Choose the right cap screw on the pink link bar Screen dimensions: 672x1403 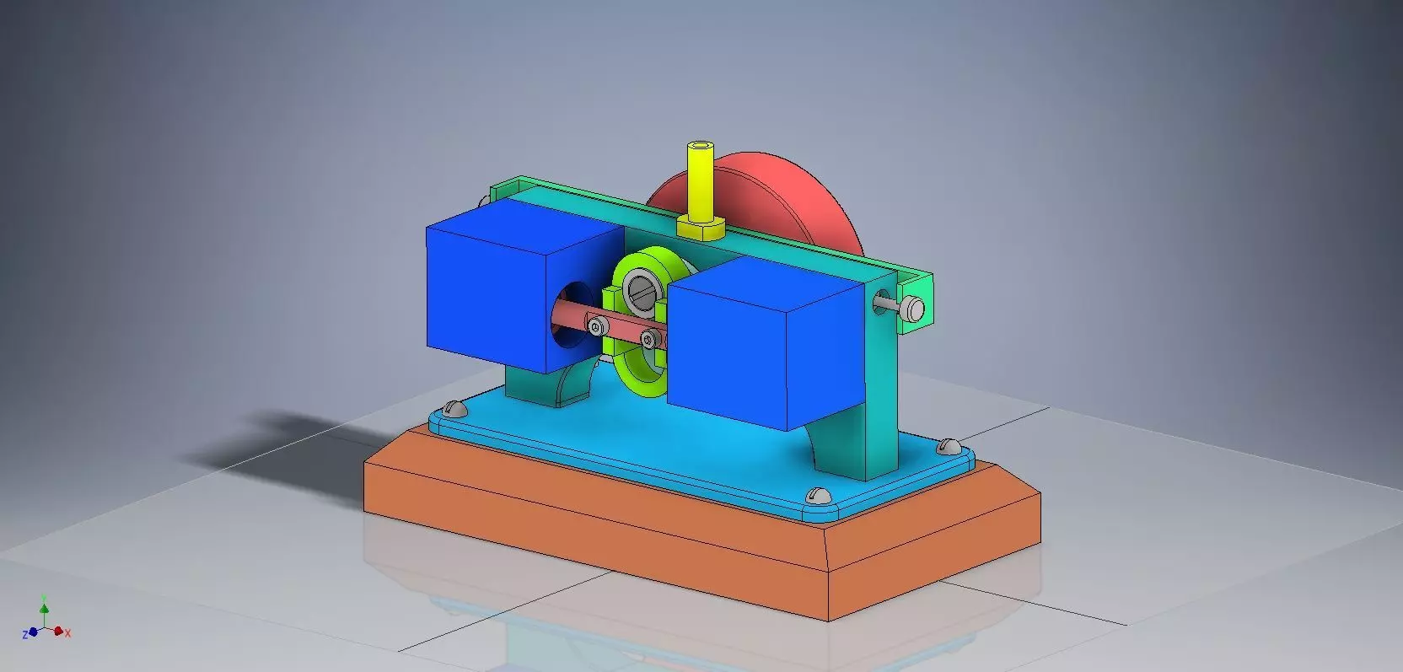click(x=648, y=340)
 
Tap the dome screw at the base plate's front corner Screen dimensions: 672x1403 click(x=816, y=495)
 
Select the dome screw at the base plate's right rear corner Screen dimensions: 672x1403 click(x=949, y=444)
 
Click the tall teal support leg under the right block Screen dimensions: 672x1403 click(x=877, y=396)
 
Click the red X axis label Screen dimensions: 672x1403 click(x=68, y=632)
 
